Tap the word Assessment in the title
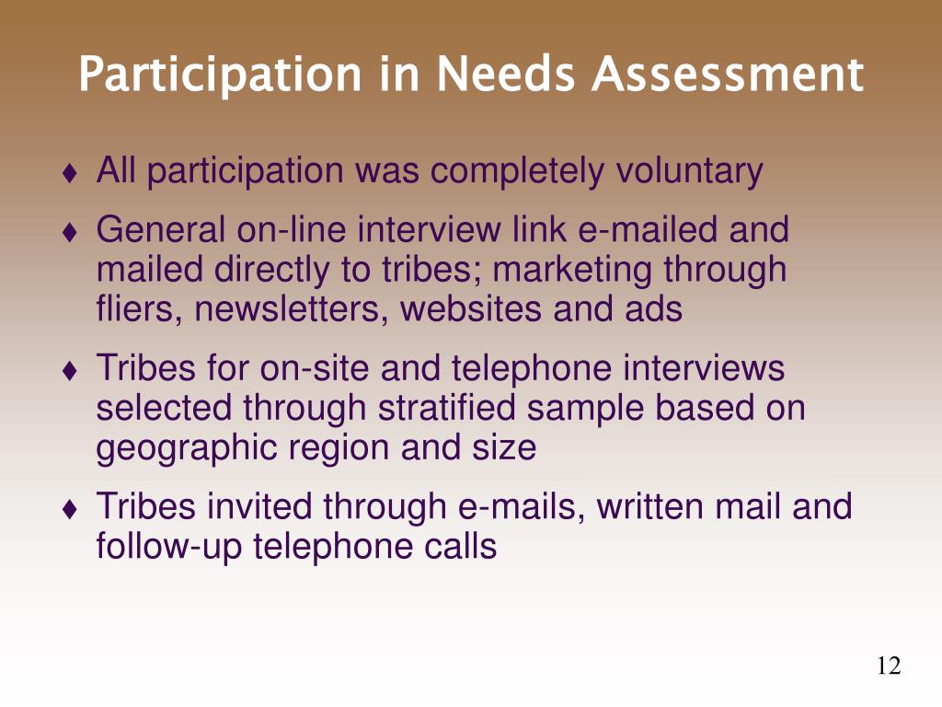[x=728, y=74]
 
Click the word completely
[x=516, y=171]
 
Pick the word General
[x=160, y=229]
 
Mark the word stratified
[x=446, y=408]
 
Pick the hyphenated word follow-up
[x=169, y=547]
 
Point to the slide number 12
[x=889, y=666]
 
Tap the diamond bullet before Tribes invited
[x=70, y=509]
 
